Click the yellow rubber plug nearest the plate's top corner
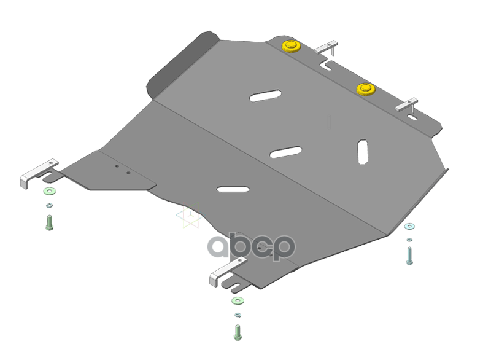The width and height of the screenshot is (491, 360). [x=291, y=46]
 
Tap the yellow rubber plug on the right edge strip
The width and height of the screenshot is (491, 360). [x=366, y=89]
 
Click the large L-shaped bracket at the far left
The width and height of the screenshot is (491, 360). [x=38, y=173]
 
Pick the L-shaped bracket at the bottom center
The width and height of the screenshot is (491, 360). [x=227, y=271]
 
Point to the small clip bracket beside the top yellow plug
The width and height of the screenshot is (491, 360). [x=327, y=47]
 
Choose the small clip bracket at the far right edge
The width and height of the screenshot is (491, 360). [x=406, y=105]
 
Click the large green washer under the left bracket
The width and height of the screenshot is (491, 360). [x=50, y=191]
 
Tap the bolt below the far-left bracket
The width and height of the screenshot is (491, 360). [x=50, y=223]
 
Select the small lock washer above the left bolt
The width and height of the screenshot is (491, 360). [x=50, y=205]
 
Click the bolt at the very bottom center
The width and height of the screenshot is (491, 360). [x=238, y=332]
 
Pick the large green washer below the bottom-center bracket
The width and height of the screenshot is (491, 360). [x=238, y=301]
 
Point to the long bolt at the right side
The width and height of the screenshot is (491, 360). [x=409, y=256]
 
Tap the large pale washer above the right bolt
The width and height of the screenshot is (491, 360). [x=409, y=226]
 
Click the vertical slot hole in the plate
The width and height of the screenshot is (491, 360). [x=363, y=152]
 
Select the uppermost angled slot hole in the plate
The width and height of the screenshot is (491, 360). [x=265, y=96]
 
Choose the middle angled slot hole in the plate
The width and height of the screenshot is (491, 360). [x=285, y=152]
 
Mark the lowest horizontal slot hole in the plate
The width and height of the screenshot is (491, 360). [x=233, y=189]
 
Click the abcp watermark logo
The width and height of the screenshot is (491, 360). [x=251, y=246]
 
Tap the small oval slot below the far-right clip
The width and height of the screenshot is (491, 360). [x=412, y=117]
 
